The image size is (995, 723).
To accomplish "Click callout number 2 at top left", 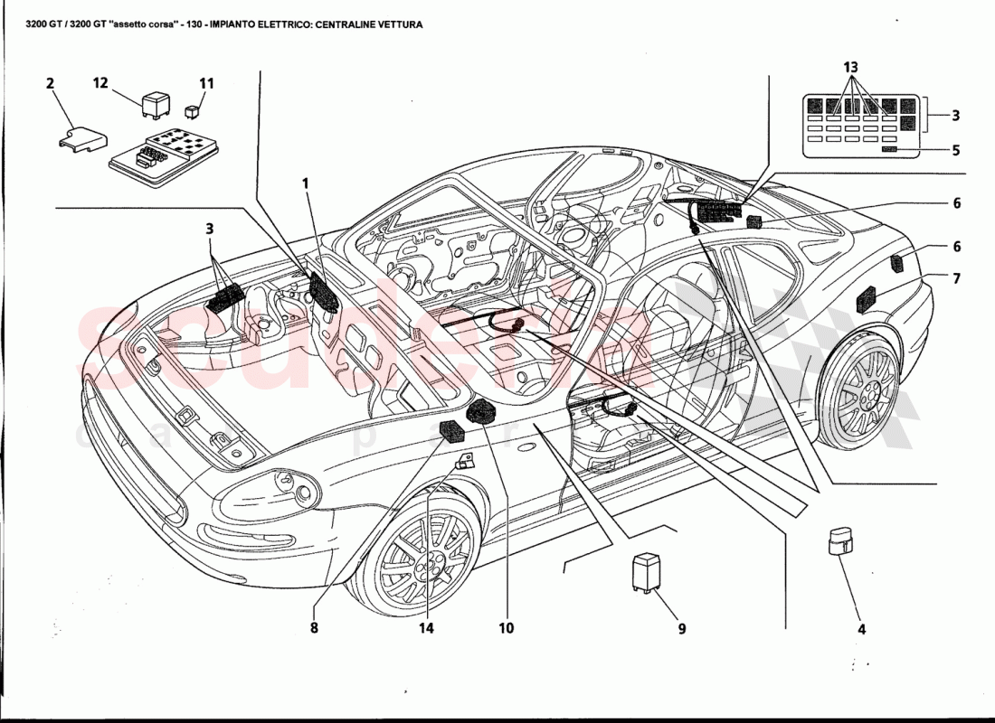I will tap(50, 83).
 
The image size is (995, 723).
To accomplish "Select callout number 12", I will tap(100, 83).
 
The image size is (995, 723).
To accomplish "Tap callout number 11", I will tap(207, 83).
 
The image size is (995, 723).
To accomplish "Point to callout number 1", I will tap(306, 183).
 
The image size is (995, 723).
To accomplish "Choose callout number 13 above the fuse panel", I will tap(851, 68).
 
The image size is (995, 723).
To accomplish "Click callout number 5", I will tap(955, 151).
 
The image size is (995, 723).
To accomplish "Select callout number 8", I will tap(314, 627).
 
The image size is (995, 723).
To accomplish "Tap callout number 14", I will tap(426, 627).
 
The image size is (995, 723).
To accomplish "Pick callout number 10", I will tap(506, 627).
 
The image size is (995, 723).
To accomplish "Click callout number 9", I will tap(682, 627).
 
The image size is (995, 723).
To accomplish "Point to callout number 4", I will tap(861, 629).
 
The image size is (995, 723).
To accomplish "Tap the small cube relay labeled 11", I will tap(193, 112).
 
